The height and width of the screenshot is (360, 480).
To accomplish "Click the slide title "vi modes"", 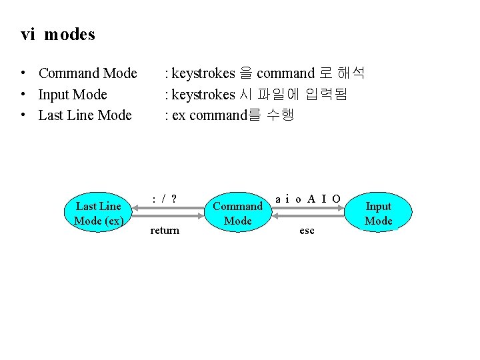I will [58, 35].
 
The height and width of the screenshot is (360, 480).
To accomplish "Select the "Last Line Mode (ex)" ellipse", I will [98, 213].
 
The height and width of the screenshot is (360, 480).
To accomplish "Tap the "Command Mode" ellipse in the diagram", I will [238, 213].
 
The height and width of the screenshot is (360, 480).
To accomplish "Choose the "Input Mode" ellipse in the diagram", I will [379, 213].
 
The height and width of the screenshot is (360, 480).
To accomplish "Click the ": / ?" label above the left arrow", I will [165, 199].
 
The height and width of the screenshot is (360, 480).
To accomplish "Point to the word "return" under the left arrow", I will [165, 230].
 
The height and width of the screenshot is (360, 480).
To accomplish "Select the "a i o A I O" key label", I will [308, 199].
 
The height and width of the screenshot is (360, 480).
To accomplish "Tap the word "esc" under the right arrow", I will [307, 230].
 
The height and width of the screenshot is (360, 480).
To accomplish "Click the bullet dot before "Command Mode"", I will [23, 73].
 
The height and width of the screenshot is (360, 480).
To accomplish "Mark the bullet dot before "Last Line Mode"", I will [23, 115].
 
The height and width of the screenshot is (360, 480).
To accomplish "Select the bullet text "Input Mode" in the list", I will [73, 95].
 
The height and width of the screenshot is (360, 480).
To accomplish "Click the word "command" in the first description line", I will [285, 73].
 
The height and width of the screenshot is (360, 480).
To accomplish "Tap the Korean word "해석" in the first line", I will [351, 73].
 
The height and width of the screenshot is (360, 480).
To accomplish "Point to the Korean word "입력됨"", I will [327, 94].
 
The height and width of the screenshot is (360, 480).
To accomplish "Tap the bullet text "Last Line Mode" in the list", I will [85, 115].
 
